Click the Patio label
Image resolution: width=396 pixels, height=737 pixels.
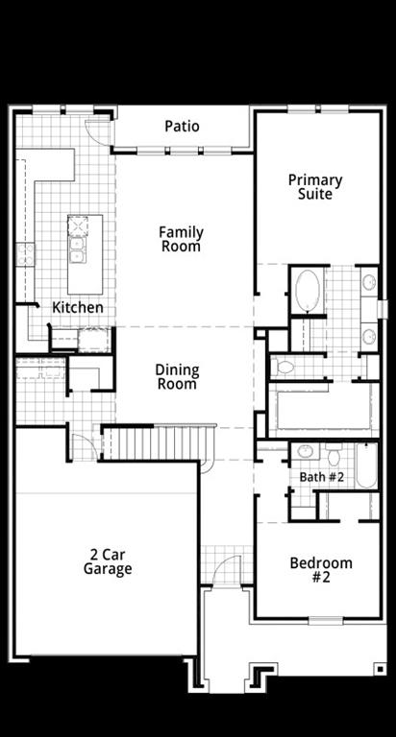[x=182, y=127]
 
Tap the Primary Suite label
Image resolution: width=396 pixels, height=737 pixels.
[x=315, y=187]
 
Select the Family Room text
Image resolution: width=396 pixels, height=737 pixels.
[x=181, y=239]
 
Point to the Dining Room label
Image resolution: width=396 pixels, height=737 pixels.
[x=177, y=377]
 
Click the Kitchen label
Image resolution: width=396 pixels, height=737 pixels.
[x=78, y=308]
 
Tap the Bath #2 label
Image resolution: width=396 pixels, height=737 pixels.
[x=321, y=477]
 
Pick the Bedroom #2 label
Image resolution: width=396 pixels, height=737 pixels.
[x=321, y=570]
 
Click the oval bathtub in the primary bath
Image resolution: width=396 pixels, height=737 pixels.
[x=308, y=291]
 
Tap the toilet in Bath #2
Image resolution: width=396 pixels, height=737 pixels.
[x=333, y=455]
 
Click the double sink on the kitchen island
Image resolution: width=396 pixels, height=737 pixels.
[x=78, y=250]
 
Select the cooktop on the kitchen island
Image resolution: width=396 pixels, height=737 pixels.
[x=79, y=227]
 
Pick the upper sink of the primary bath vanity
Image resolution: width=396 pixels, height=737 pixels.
[x=369, y=282]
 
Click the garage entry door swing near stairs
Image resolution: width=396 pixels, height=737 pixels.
[x=84, y=447]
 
